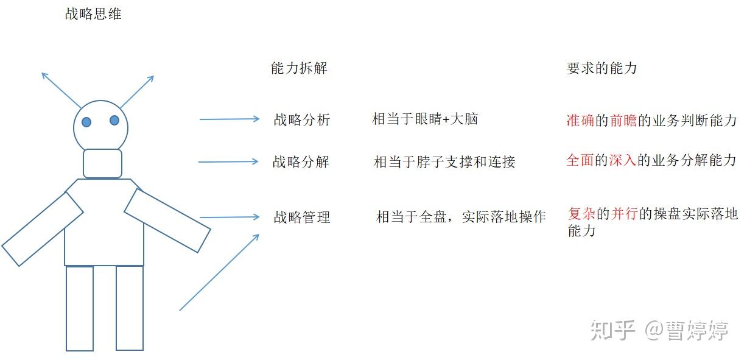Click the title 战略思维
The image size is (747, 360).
(93, 15)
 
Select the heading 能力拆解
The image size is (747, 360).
(299, 68)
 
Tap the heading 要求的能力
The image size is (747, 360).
(601, 68)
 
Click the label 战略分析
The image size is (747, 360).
(302, 120)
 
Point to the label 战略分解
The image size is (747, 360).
(301, 162)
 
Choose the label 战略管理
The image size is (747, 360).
(302, 217)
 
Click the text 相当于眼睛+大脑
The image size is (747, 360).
(425, 119)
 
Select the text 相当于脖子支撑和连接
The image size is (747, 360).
(444, 162)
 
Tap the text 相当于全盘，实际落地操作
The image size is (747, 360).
(461, 217)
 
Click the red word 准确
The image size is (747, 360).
(580, 121)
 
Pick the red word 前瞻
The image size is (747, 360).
(623, 121)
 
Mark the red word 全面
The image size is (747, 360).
(580, 161)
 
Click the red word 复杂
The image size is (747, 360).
(581, 214)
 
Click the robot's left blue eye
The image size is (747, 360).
(86, 122)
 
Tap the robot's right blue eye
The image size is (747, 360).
(114, 120)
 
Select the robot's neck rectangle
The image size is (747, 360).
(102, 163)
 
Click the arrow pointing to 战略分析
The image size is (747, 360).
(230, 119)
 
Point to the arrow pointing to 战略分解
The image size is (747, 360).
(228, 161)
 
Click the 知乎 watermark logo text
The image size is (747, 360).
(613, 331)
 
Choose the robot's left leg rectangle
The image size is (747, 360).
(80, 308)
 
